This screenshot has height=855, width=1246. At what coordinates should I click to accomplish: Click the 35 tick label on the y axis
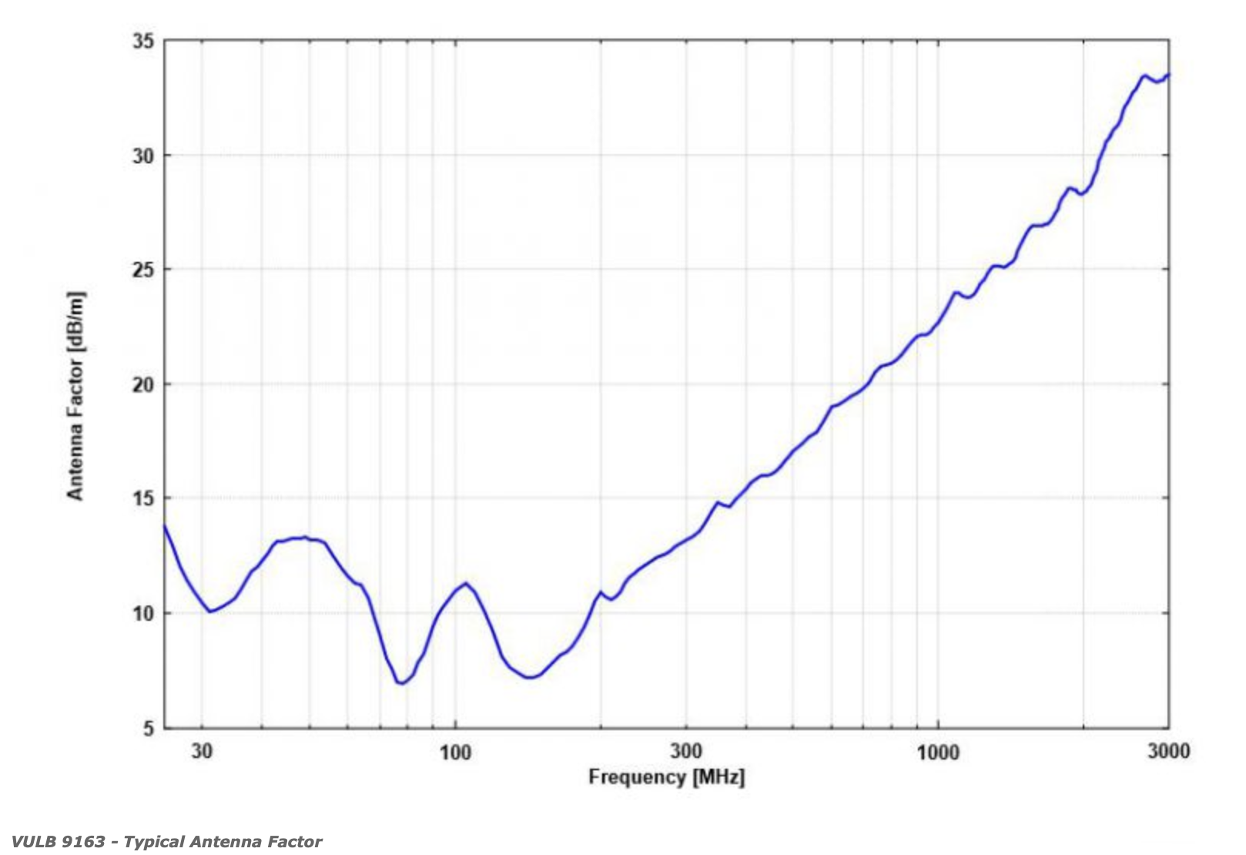point(142,41)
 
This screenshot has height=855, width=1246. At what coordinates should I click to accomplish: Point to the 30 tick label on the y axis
point(142,156)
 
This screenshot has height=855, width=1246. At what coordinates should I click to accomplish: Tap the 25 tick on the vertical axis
point(142,270)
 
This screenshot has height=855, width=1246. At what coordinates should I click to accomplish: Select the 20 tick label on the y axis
point(142,384)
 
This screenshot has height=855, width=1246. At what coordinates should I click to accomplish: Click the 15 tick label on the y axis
point(142,498)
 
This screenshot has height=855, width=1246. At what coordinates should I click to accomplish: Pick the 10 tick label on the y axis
point(142,614)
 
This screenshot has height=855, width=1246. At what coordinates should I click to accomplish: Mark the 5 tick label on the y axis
point(148,728)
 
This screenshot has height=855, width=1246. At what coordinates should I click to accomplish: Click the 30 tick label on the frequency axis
point(202,751)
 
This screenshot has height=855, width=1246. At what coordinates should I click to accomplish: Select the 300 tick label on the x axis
point(686,751)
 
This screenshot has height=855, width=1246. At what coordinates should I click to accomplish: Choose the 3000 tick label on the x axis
point(1169,751)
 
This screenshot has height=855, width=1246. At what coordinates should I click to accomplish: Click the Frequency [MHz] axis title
point(666,776)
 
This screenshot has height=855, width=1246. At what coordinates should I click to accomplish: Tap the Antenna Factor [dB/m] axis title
point(75,395)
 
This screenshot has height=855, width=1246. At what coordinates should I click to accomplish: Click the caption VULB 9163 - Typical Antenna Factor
point(166,842)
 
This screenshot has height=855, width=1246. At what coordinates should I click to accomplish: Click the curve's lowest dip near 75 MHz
point(402,682)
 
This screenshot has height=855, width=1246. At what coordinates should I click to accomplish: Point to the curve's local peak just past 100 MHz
point(466,583)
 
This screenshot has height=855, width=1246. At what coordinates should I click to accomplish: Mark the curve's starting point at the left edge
point(163,525)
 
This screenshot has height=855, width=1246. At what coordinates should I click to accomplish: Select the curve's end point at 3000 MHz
point(1168,75)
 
